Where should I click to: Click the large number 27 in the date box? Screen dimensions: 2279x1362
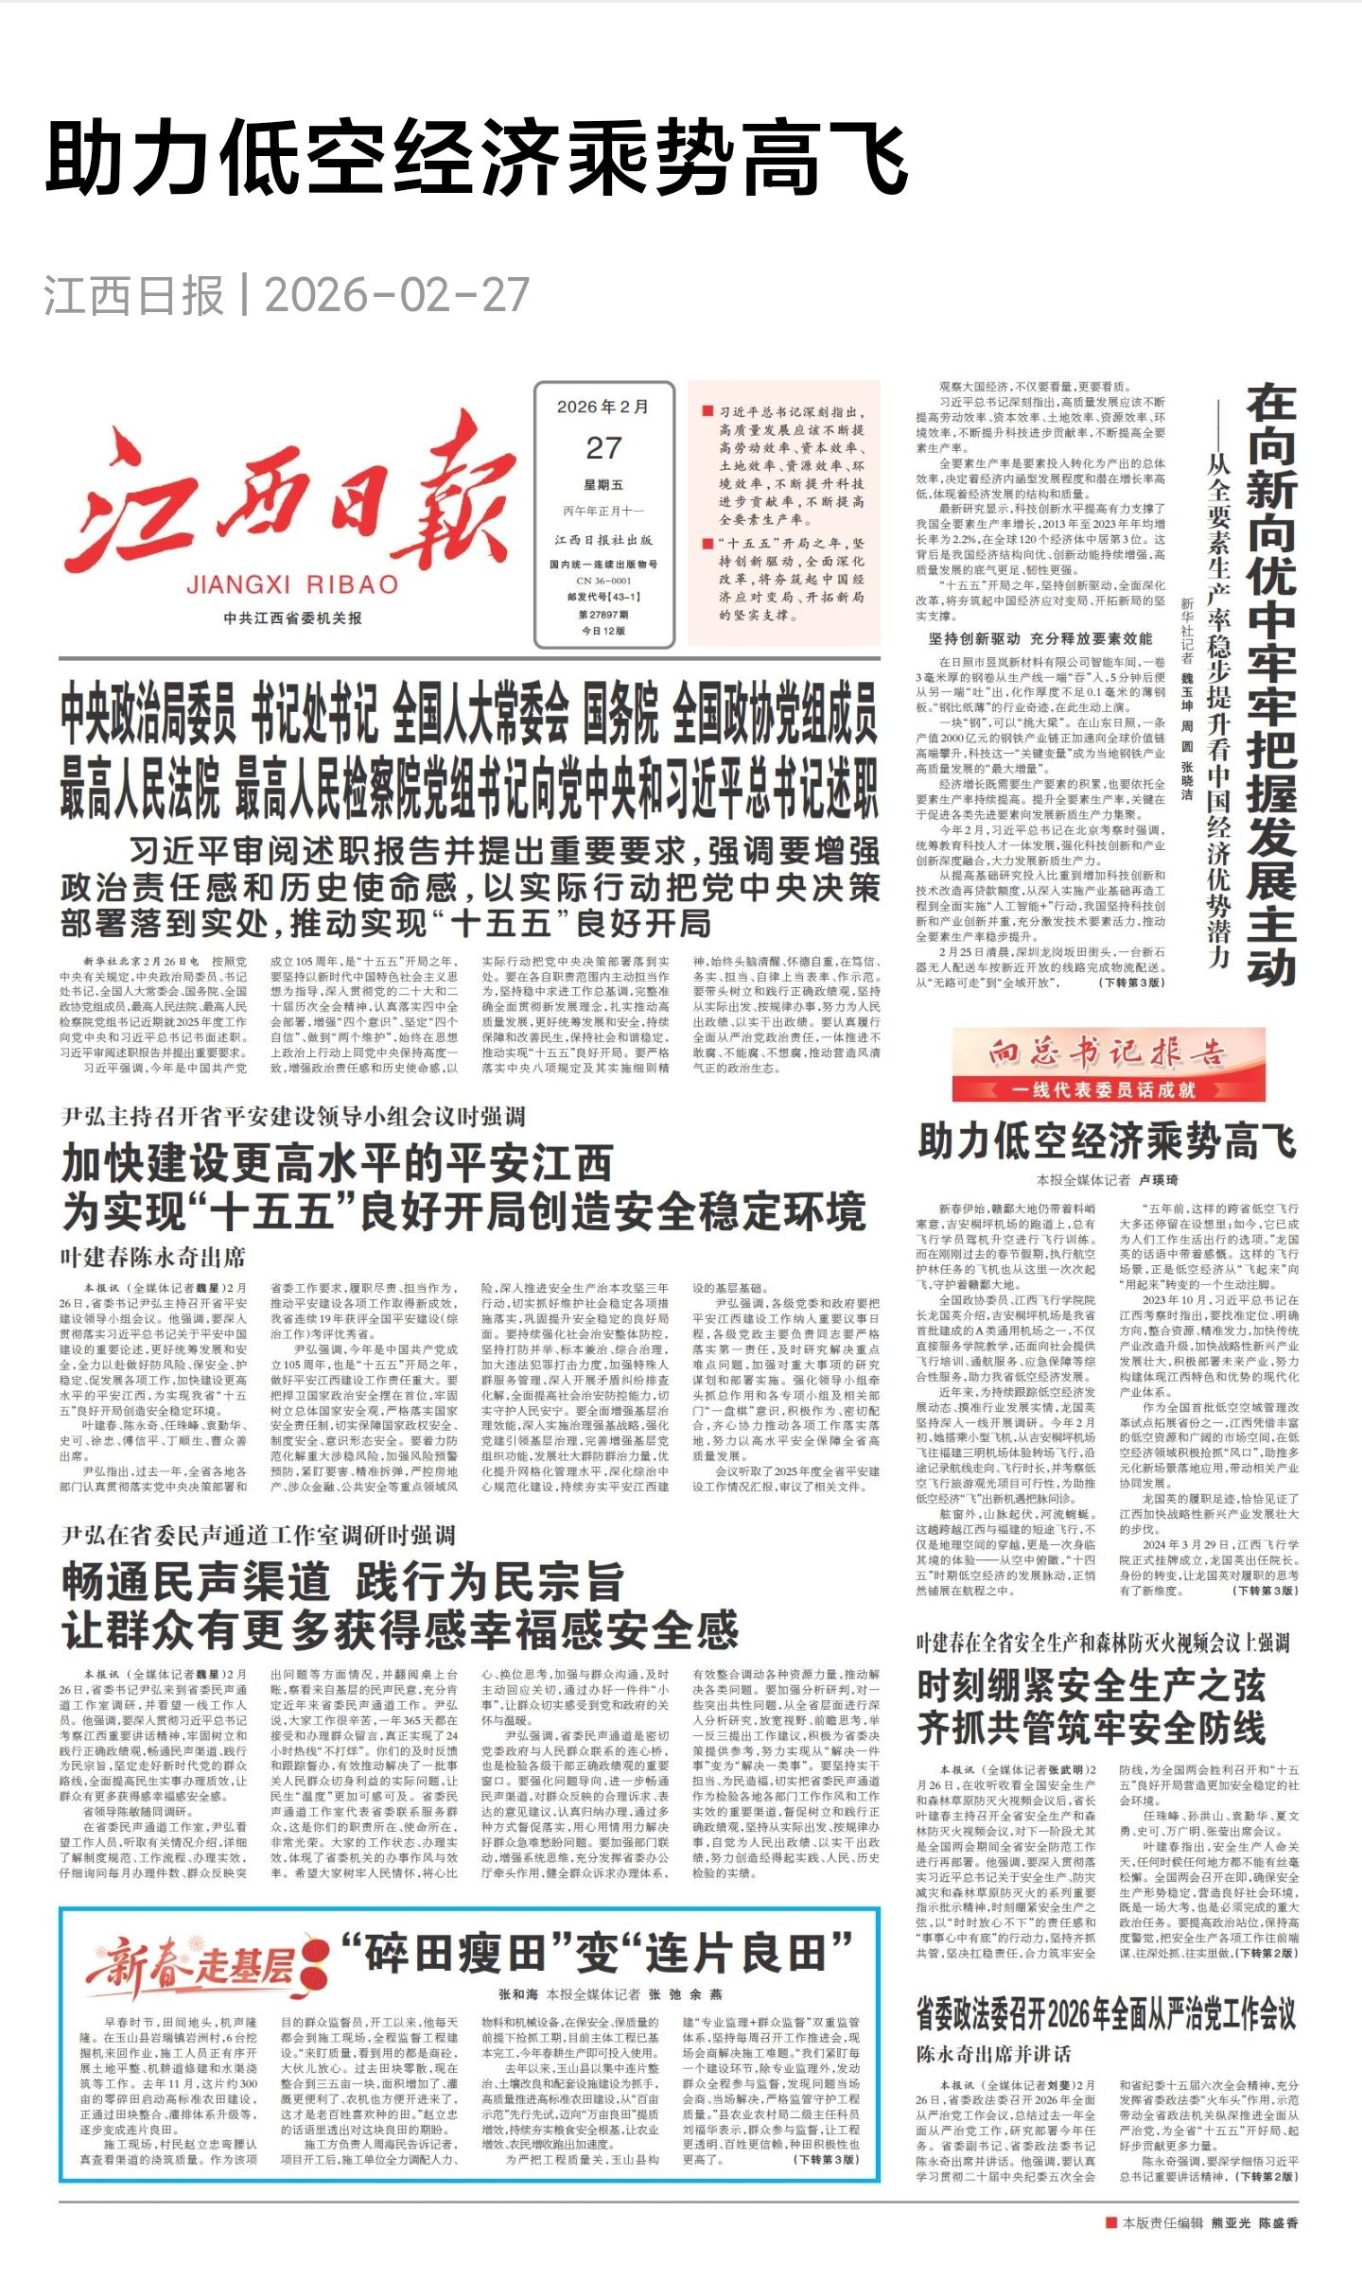(603, 447)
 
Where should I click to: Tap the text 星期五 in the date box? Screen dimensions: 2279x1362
(603, 485)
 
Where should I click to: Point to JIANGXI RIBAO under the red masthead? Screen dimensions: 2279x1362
(292, 584)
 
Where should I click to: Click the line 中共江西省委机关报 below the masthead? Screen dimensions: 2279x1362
(292, 618)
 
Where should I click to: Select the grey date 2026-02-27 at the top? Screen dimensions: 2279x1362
(396, 295)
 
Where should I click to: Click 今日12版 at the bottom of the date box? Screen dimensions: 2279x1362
(603, 631)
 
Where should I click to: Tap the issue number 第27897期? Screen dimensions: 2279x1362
(603, 614)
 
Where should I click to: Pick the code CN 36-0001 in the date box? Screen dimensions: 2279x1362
(603, 581)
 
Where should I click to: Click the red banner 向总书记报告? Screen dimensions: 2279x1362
(1108, 1053)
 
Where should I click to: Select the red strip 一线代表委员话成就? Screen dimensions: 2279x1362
(1108, 1089)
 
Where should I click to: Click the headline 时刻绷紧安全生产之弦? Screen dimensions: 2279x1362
(1091, 1684)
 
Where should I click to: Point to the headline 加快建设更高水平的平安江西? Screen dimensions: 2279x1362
(337, 1162)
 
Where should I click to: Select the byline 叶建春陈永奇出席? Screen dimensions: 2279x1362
(153, 1257)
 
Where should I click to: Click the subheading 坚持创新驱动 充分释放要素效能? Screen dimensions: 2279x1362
(1040, 638)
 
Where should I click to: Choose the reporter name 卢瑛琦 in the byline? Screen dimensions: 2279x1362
(1158, 1180)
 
